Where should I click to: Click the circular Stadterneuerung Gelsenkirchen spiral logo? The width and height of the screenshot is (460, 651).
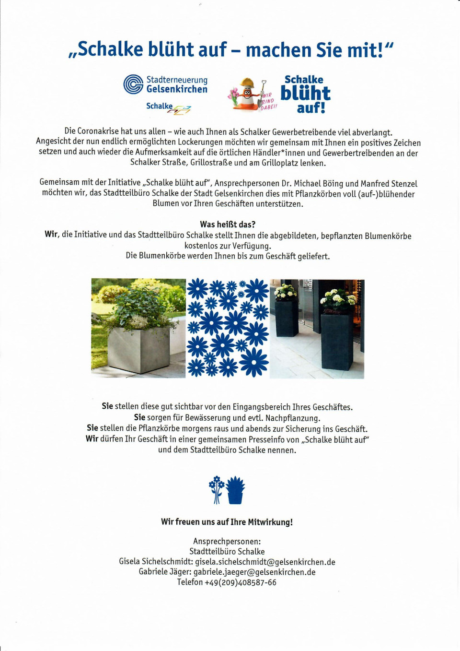133,84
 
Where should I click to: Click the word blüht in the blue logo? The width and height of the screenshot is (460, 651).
305,93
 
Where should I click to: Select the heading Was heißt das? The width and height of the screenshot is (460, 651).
228,225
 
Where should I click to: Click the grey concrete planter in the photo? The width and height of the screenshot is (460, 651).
139,349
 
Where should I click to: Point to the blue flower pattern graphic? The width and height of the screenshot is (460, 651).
228,328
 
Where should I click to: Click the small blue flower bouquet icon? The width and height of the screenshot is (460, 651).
217,489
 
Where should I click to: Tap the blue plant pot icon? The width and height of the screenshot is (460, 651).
235,490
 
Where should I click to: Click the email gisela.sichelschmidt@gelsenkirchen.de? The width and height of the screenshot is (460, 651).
265,562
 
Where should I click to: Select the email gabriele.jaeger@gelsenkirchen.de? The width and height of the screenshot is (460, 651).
254,572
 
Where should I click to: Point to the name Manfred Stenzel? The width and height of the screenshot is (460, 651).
389,184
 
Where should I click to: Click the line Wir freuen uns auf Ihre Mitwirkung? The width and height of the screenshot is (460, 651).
227,522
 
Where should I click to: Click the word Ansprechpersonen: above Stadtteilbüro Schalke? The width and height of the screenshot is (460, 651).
227,542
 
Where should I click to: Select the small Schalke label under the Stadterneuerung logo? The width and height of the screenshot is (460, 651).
160,106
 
